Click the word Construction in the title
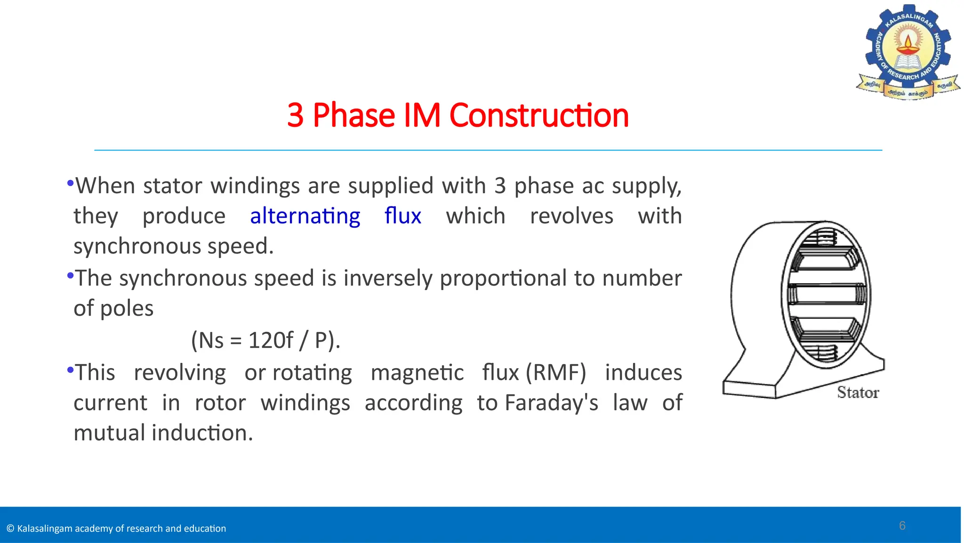click(x=539, y=115)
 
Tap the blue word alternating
click(x=305, y=216)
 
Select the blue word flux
click(x=402, y=216)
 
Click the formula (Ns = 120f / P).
click(x=265, y=340)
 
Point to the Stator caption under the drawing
click(x=858, y=393)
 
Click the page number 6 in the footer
click(x=902, y=526)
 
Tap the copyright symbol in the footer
click(x=10, y=529)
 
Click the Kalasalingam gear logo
click(x=908, y=52)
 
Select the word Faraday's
click(x=551, y=403)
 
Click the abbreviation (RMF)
click(x=556, y=373)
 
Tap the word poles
click(x=127, y=309)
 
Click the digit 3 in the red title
click(x=295, y=115)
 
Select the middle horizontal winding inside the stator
click(x=827, y=295)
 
